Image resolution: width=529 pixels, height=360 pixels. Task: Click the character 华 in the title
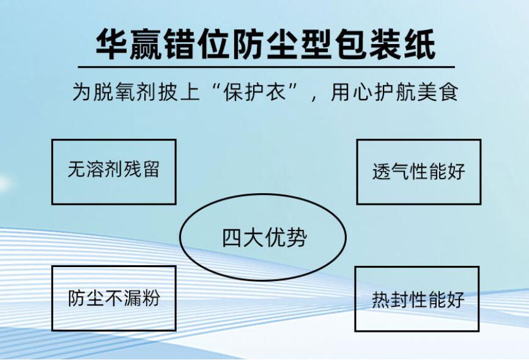click(x=111, y=44)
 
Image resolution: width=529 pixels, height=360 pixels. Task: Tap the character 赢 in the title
click(x=146, y=44)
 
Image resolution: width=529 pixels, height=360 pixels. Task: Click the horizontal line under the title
click(x=266, y=67)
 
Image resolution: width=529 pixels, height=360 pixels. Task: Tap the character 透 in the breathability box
click(x=381, y=171)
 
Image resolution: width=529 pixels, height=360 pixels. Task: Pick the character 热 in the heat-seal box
click(x=381, y=299)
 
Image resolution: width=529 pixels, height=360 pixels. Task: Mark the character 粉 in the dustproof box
click(x=151, y=298)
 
